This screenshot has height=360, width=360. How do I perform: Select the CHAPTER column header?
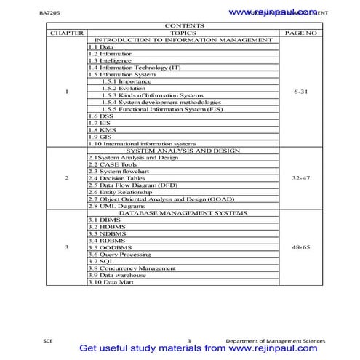pyautogui.click(x=67, y=33)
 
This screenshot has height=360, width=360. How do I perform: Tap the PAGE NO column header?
pyautogui.click(x=300, y=33)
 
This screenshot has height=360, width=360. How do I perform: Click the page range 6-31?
pyautogui.click(x=300, y=93)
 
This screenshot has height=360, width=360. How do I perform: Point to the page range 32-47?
pyautogui.click(x=300, y=177)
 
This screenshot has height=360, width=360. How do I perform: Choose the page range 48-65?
pyautogui.click(x=300, y=247)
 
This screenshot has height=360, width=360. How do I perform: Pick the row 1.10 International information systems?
pyautogui.click(x=142, y=143)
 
